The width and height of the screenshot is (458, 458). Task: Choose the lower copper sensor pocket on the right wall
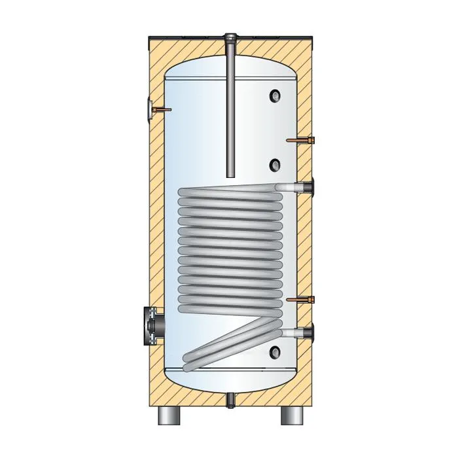[302, 301]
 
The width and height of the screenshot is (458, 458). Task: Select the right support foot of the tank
[292, 415]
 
